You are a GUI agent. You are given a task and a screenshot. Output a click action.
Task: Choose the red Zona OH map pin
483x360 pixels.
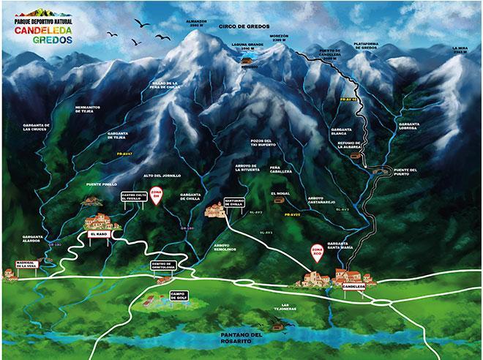[156, 198]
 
